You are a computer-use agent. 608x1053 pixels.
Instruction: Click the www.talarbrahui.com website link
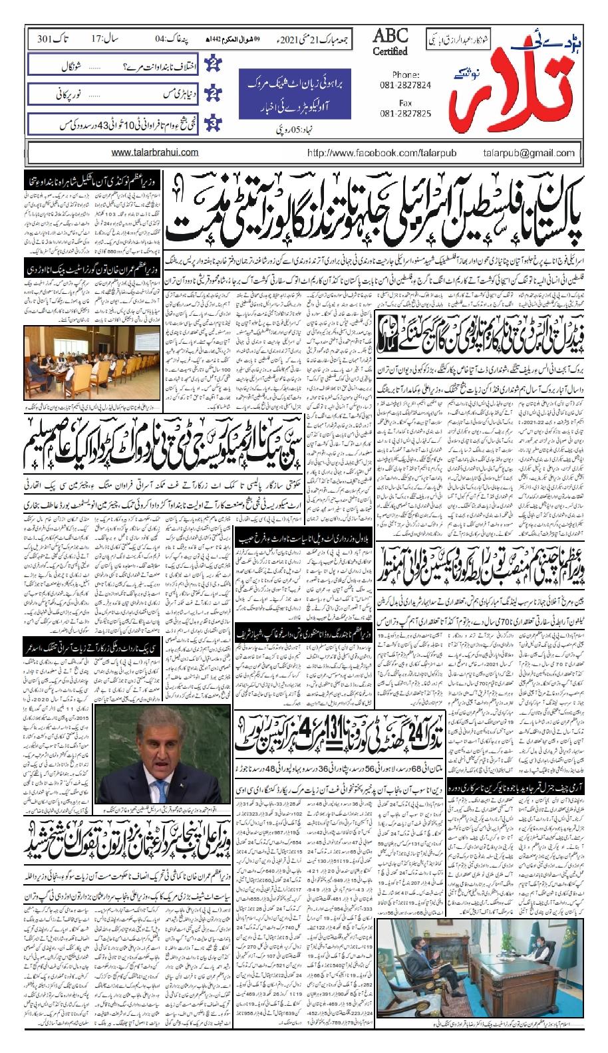coord(155,152)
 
